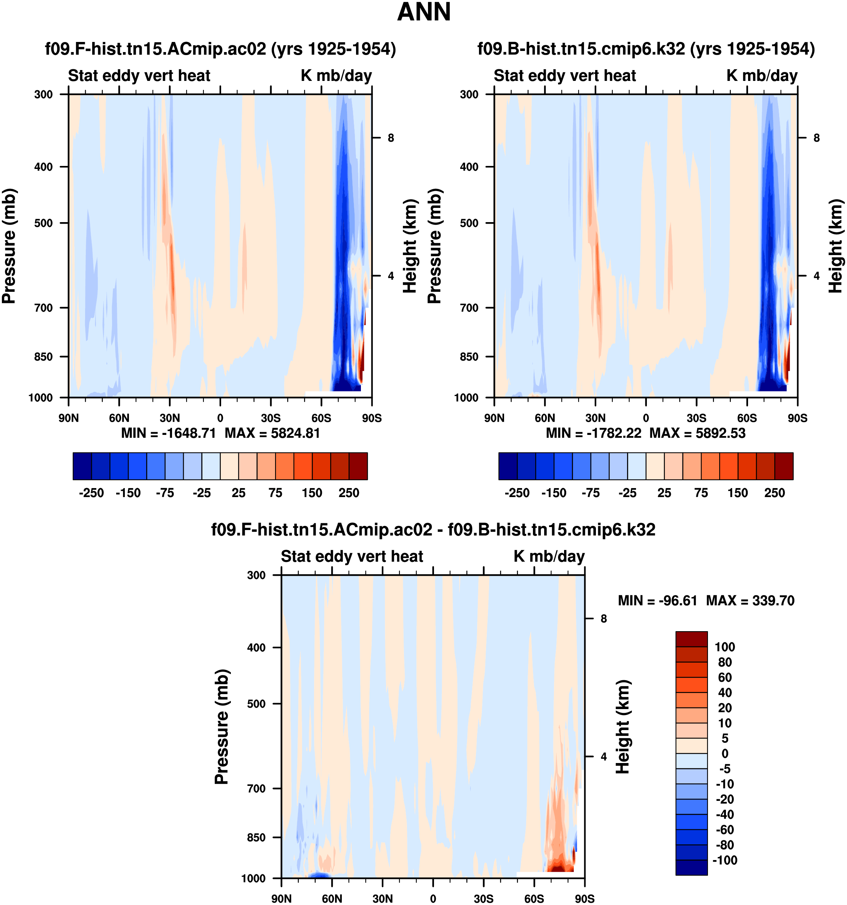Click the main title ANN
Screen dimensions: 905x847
(423, 12)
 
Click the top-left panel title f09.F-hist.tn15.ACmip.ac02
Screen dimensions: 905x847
(220, 49)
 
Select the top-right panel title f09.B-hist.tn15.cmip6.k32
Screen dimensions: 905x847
(646, 49)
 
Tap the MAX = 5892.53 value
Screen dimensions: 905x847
(697, 433)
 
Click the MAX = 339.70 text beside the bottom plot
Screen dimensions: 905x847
(750, 600)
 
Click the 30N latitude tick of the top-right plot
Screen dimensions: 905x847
(595, 418)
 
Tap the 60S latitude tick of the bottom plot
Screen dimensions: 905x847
(534, 898)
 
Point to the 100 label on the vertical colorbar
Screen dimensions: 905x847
(724, 647)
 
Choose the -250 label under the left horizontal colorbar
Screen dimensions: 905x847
(91, 493)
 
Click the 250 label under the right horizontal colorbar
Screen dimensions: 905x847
(774, 493)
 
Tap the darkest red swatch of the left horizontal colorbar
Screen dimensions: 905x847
(358, 466)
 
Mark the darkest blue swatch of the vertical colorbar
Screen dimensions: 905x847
(691, 867)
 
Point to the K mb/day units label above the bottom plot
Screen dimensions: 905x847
(549, 556)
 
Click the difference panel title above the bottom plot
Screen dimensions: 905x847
(433, 529)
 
